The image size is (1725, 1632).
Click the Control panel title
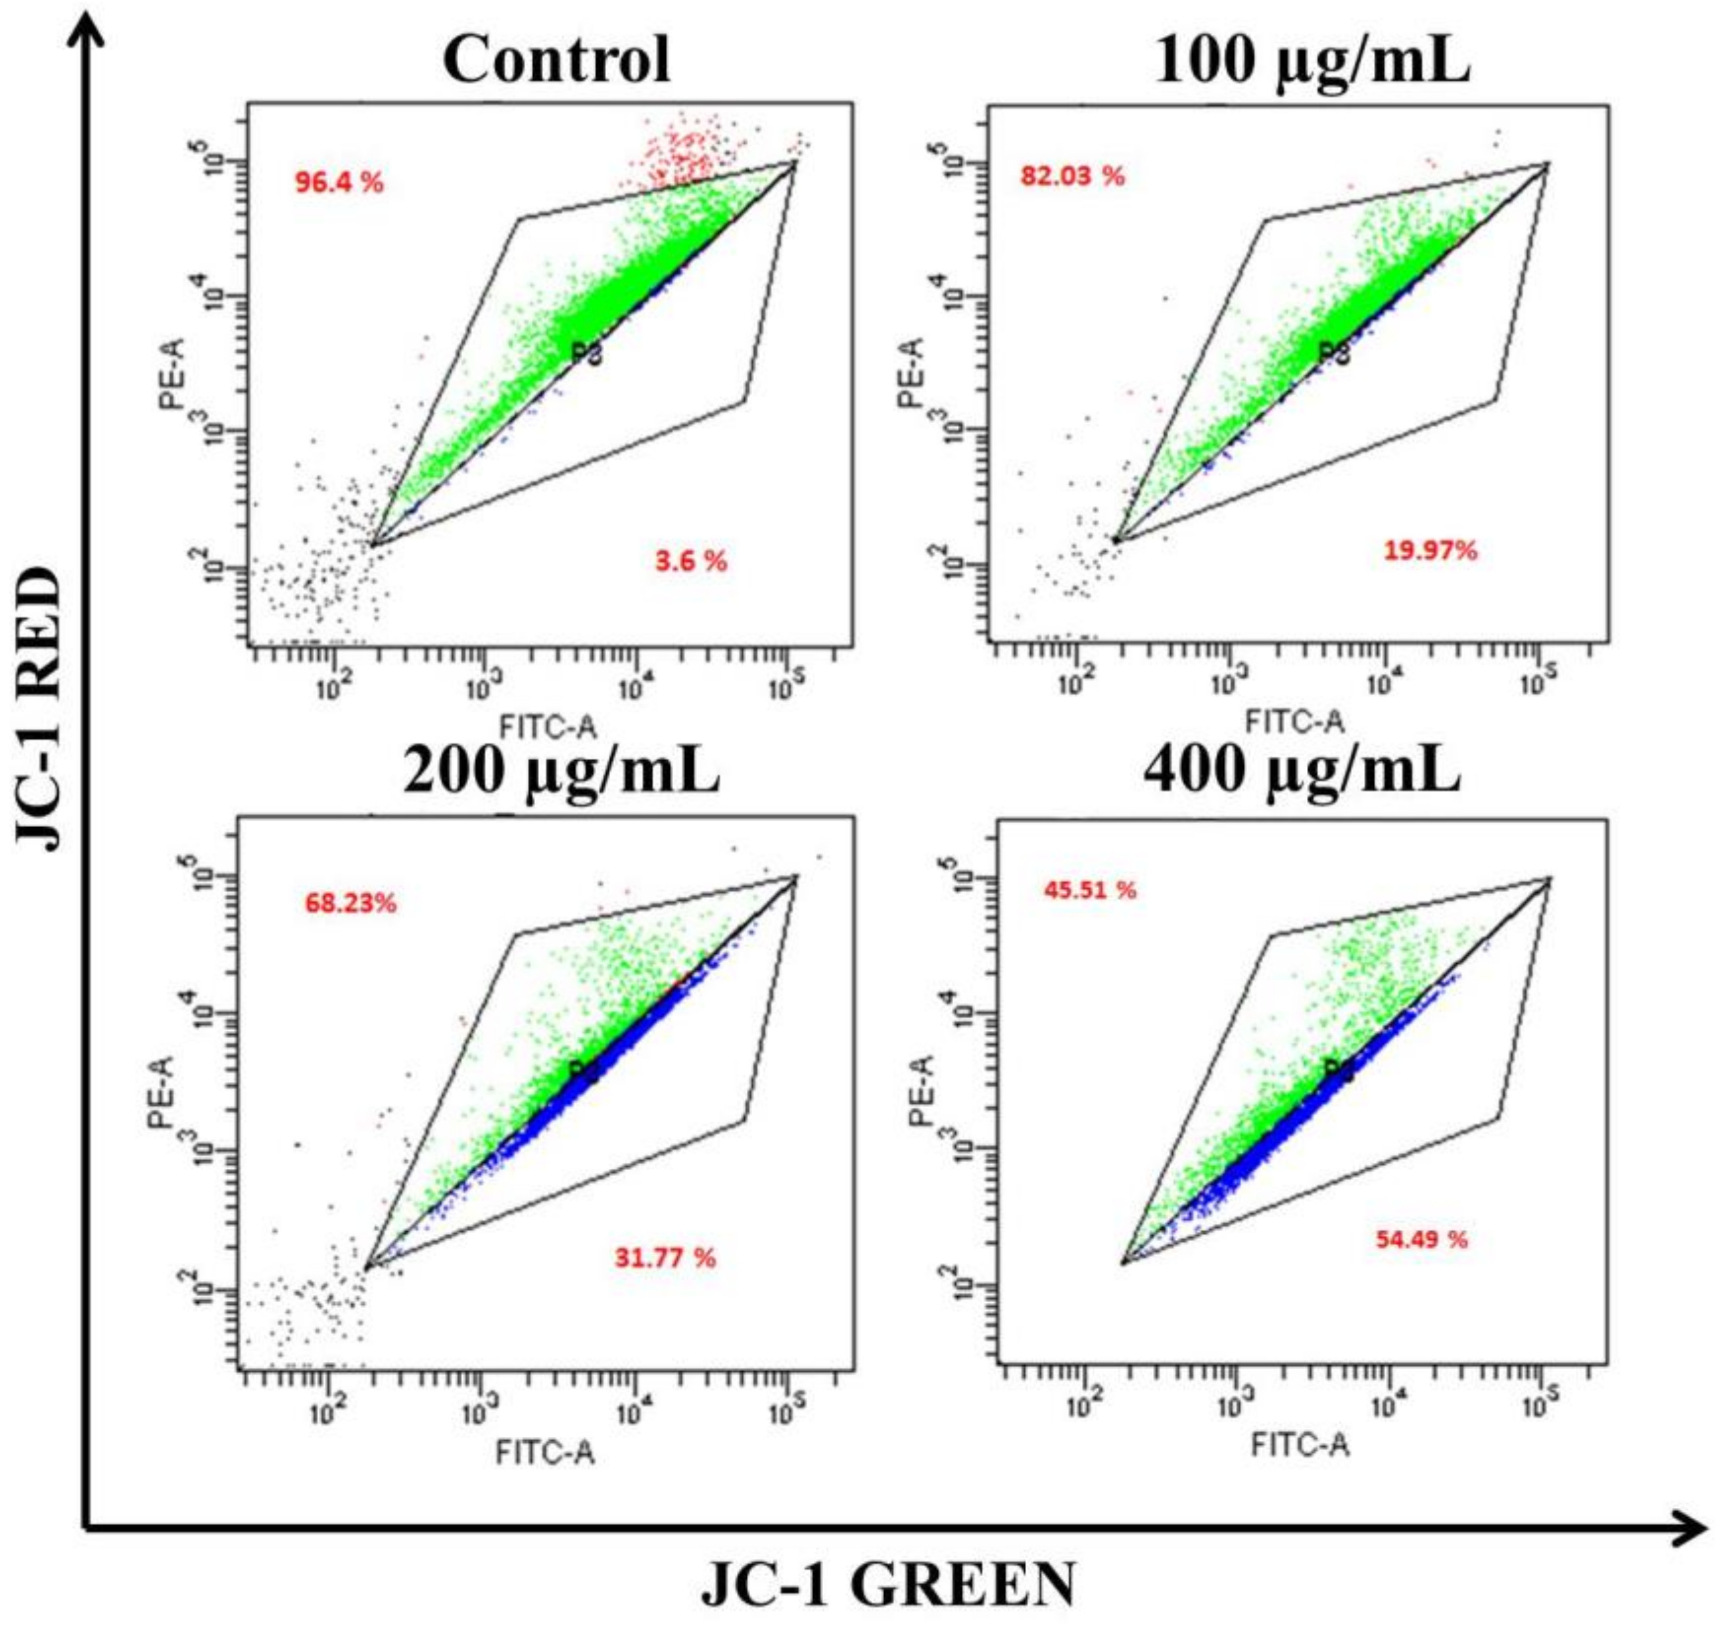pos(557,59)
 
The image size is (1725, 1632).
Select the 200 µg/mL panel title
pos(561,771)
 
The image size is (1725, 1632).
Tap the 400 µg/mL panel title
pos(1302,771)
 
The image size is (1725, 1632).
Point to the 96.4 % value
pos(339,183)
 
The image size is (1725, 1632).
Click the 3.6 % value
pos(690,561)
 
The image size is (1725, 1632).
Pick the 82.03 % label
pos(1072,177)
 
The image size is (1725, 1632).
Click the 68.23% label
pos(350,903)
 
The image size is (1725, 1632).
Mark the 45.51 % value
pos(1090,890)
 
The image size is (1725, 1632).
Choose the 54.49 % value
pos(1421,1239)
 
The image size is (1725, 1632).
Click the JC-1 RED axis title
pos(40,709)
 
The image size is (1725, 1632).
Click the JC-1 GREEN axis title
pos(887,1585)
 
